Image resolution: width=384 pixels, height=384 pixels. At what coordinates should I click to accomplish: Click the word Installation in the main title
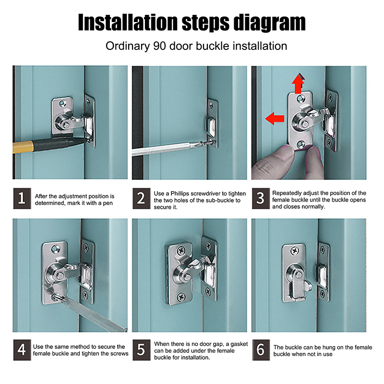click(128, 23)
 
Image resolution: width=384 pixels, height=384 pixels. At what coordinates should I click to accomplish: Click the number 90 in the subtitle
click(159, 46)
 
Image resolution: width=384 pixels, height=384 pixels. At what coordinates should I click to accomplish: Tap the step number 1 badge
click(22, 198)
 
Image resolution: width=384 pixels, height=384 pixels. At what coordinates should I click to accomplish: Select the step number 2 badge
click(141, 198)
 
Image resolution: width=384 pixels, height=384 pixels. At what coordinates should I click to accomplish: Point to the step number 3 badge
click(261, 198)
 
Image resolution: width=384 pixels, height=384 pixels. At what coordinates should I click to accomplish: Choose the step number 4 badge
click(22, 350)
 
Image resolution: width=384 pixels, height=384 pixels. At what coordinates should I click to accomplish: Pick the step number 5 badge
click(141, 350)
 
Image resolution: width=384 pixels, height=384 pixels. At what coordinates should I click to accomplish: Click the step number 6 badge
click(261, 350)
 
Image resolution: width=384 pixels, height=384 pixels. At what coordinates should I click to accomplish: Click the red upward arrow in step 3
click(298, 83)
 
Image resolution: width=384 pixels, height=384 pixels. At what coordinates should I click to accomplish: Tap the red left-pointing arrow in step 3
click(275, 119)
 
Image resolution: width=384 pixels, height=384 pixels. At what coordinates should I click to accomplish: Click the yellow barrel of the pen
click(23, 147)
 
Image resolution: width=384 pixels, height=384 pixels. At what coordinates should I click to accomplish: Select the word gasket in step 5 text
click(239, 344)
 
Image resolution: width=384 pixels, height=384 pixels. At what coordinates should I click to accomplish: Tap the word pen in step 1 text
click(108, 203)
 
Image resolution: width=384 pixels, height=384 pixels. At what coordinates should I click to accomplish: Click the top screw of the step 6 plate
click(295, 251)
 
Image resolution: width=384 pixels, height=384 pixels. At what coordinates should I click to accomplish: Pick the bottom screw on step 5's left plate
click(181, 297)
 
